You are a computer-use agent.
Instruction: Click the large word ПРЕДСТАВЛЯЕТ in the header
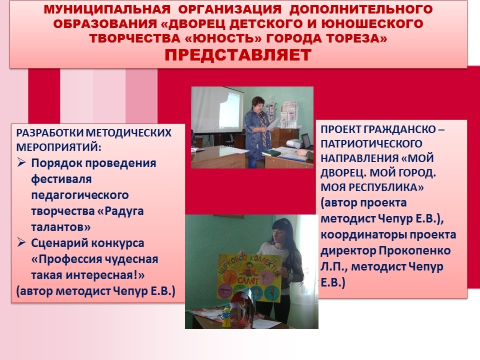238,55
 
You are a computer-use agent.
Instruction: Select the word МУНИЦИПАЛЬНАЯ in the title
107,9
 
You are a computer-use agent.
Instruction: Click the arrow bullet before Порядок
21,162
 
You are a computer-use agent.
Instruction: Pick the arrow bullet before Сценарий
21,242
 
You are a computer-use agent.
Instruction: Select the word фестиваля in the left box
61,179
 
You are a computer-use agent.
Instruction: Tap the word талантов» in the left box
61,227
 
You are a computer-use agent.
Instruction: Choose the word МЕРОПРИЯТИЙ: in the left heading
58,147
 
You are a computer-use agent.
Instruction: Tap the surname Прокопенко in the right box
415,250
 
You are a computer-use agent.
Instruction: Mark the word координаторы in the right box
360,235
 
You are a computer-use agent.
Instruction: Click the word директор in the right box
348,250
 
